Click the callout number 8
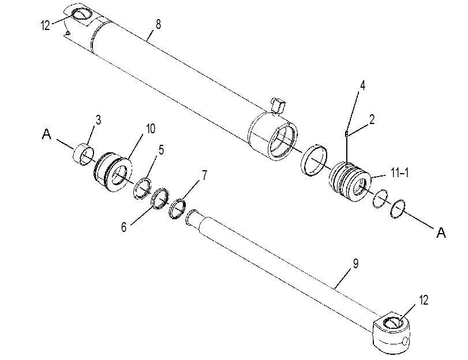158,24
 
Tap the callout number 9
355,264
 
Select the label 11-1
400,173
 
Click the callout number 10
151,129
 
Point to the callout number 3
98,120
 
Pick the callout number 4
362,85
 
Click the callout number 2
372,119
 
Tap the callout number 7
204,175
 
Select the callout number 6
124,227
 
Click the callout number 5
161,150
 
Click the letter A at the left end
47,134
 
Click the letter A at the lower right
441,232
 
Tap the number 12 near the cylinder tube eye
45,25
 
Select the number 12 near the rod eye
424,301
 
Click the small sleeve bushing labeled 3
84,154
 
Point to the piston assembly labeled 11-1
350,182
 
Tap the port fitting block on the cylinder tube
278,106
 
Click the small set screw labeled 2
346,133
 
